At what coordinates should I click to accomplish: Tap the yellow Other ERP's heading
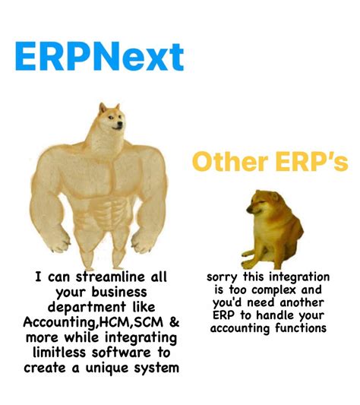270,161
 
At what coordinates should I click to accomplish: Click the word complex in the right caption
289,290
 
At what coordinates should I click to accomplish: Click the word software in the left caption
124,353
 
